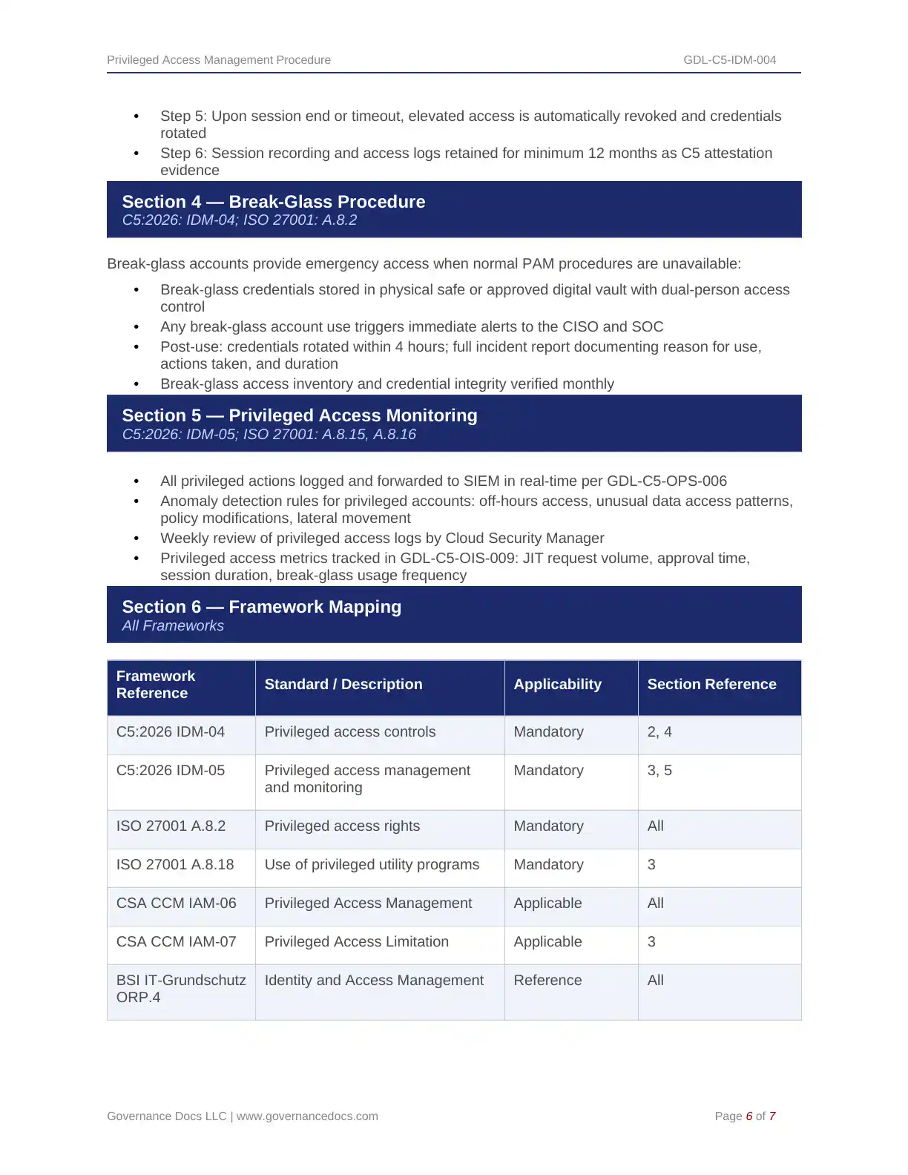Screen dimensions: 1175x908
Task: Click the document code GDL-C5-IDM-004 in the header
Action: [x=729, y=60]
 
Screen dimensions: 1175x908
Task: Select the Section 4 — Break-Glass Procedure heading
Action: [x=274, y=202]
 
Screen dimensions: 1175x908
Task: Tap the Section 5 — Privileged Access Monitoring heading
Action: [x=300, y=415]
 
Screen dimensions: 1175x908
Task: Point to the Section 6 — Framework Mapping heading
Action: [x=262, y=607]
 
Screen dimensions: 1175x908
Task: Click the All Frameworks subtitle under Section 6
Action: [x=173, y=626]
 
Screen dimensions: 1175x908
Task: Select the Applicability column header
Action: [x=557, y=685]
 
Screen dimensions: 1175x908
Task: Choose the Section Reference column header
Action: [x=711, y=685]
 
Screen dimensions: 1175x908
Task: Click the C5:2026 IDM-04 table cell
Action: [x=171, y=732]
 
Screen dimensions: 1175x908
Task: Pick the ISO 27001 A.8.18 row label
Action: [x=175, y=865]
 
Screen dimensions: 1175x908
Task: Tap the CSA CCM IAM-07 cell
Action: [x=177, y=942]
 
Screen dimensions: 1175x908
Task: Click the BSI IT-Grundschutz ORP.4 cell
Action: [x=181, y=989]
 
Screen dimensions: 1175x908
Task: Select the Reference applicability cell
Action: [x=547, y=981]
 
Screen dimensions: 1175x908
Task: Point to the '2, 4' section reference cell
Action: [x=659, y=732]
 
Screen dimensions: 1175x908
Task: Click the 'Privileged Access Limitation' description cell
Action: [x=357, y=942]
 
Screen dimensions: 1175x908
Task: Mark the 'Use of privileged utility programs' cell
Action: [x=372, y=865]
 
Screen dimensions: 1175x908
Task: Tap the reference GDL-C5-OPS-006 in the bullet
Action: [x=666, y=481]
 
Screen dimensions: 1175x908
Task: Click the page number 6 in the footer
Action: [x=749, y=1116]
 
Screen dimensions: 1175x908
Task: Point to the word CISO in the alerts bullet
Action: [x=580, y=327]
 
